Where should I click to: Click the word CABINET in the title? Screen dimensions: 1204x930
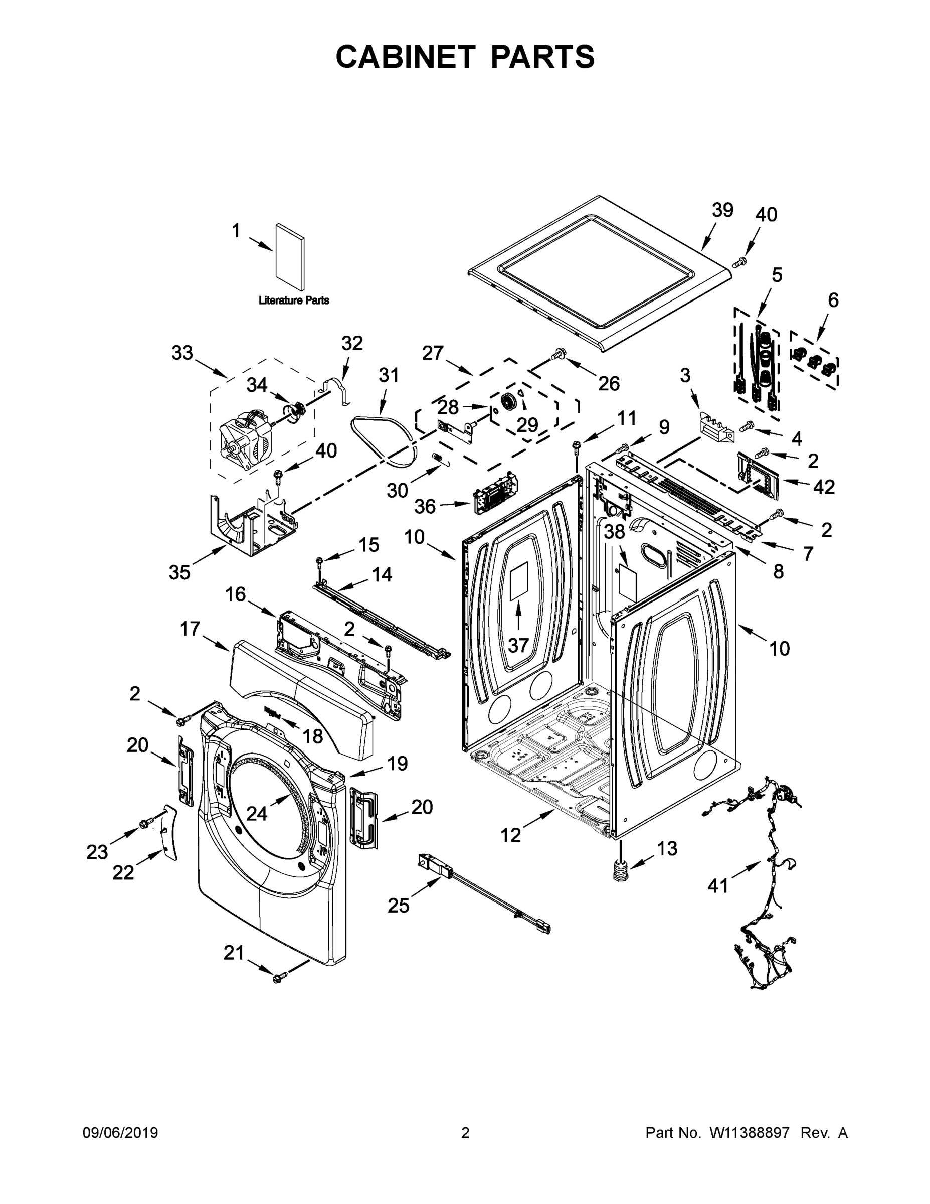(405, 57)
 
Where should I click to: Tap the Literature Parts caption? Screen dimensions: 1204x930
(294, 300)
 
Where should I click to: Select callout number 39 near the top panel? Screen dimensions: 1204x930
(722, 210)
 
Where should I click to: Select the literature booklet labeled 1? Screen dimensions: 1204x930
(290, 257)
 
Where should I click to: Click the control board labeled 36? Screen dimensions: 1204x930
(495, 492)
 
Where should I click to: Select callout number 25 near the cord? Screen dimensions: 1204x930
(399, 905)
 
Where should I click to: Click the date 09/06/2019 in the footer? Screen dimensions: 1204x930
(120, 1133)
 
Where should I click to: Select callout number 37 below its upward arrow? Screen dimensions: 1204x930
(518, 645)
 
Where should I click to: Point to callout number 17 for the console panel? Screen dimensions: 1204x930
(190, 629)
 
